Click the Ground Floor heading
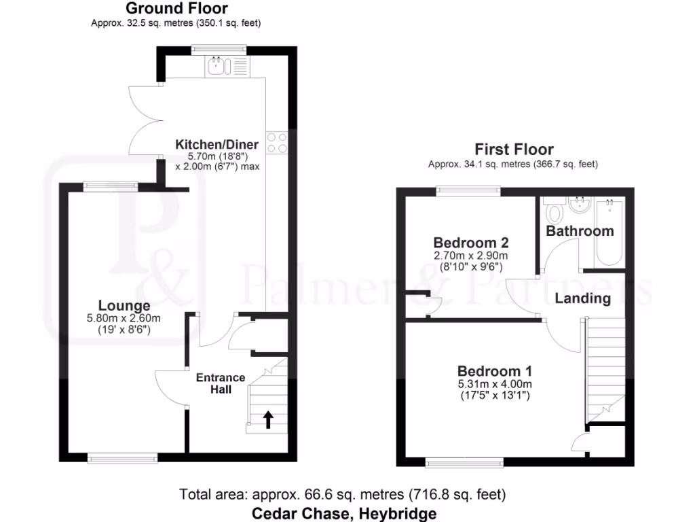click(176, 9)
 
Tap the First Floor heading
click(513, 150)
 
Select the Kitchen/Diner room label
click(217, 144)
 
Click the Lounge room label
click(124, 305)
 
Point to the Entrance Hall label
click(221, 383)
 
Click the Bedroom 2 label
click(471, 243)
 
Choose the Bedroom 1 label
click(494, 371)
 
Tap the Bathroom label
click(580, 231)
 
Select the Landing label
click(582, 298)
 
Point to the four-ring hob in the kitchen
click(277, 143)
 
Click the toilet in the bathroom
click(554, 212)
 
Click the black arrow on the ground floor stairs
click(268, 419)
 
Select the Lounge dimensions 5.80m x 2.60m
click(124, 318)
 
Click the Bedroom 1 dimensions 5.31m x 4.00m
click(494, 384)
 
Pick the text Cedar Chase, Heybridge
click(344, 513)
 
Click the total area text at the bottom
click(343, 494)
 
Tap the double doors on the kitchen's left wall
click(145, 120)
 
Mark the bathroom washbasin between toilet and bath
click(580, 204)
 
